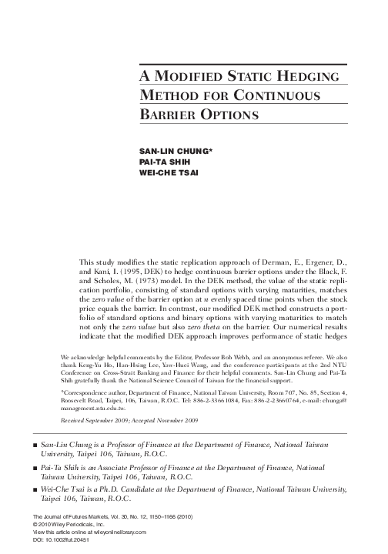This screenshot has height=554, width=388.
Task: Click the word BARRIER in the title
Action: [172, 115]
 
